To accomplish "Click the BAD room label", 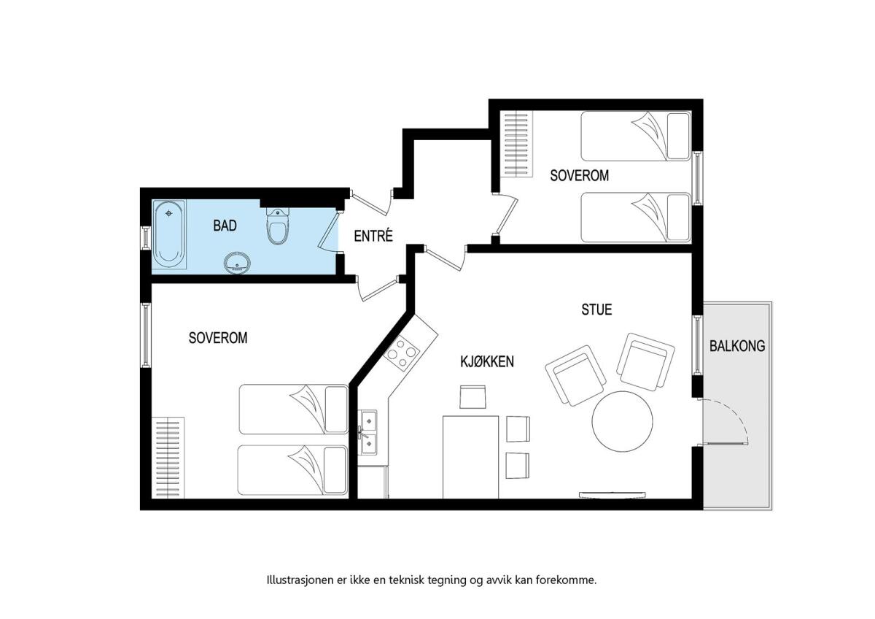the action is [225, 226].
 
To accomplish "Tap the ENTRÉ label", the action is [373, 237].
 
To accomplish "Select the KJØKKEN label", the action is [487, 362].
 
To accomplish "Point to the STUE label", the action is [596, 309].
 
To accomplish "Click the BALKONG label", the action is [737, 346].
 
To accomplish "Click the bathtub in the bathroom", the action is [169, 234].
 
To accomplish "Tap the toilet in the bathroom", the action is [278, 226].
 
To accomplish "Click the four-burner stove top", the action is [402, 353].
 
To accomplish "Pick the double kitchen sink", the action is [367, 432].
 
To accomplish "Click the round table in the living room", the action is [622, 421].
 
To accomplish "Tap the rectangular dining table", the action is [470, 457].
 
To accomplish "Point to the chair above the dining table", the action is [472, 397].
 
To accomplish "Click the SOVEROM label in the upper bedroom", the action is [579, 176].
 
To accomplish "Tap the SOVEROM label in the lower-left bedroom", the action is [218, 338].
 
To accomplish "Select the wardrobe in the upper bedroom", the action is [517, 144].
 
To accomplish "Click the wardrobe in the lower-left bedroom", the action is [168, 458].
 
